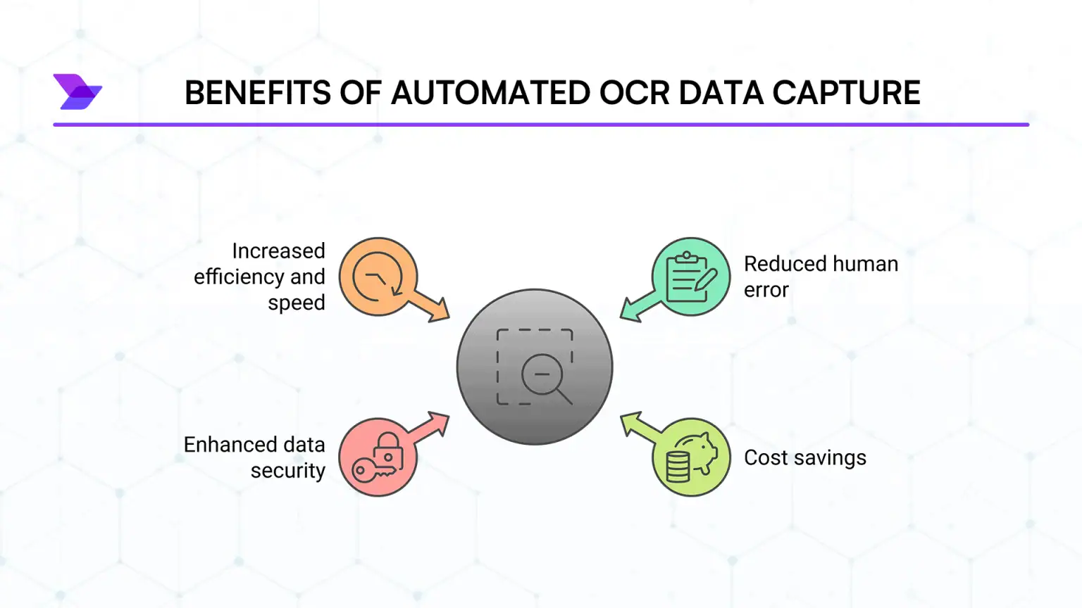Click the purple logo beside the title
[x=77, y=91]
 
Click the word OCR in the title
[x=634, y=92]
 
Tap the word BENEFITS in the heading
[x=257, y=92]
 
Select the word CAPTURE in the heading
[x=846, y=92]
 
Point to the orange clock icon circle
[x=378, y=277]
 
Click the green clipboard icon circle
[x=691, y=277]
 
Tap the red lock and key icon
[x=378, y=457]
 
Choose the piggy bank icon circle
[x=691, y=457]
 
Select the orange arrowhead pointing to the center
[x=439, y=312]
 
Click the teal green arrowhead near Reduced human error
[x=630, y=310]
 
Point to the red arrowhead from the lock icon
[x=439, y=422]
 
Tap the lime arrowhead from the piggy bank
[x=631, y=422]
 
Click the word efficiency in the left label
[x=239, y=277]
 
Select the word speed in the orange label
[x=297, y=303]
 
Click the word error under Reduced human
[x=766, y=290]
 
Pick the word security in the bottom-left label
[x=288, y=471]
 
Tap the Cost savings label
[x=805, y=457]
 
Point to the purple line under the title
[x=541, y=125]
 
